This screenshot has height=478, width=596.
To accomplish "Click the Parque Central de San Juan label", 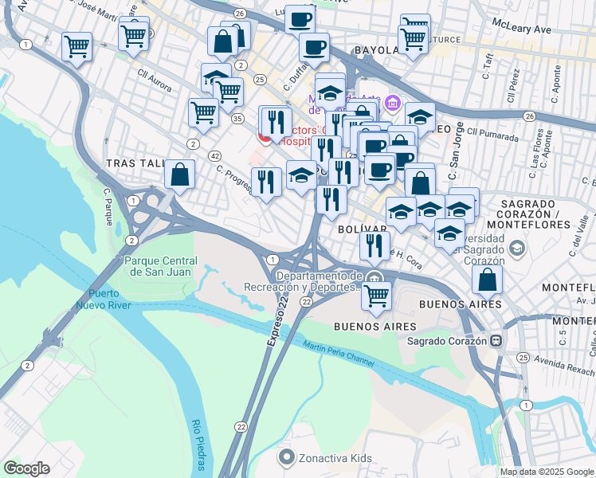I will pyautogui.click(x=160, y=267).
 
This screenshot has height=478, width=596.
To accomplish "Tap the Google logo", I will pyautogui.click(x=26, y=468).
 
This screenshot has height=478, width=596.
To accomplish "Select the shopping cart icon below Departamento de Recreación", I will pyautogui.click(x=376, y=296).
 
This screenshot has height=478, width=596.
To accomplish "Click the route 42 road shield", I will pyautogui.click(x=215, y=156).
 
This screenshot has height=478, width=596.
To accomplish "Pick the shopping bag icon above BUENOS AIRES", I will pyautogui.click(x=487, y=280).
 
